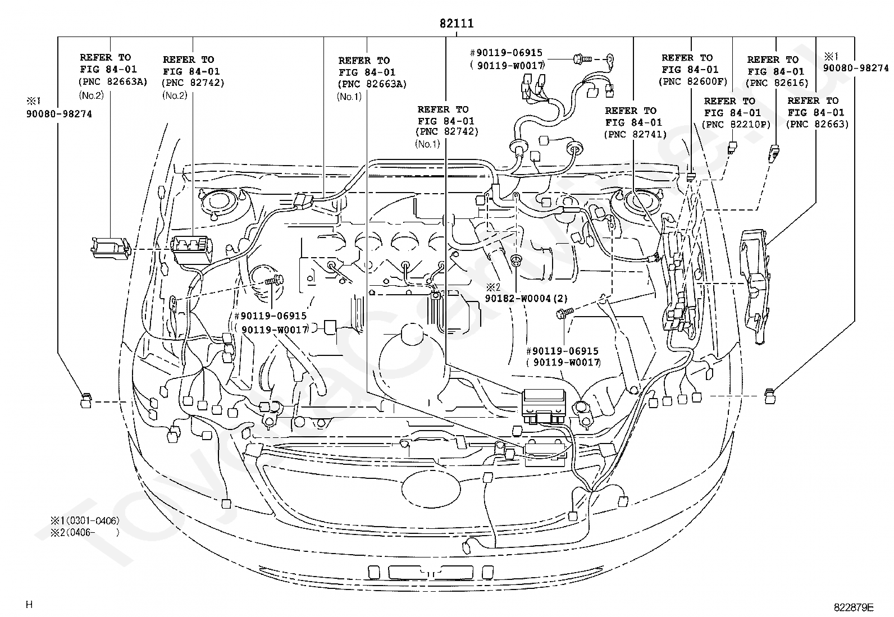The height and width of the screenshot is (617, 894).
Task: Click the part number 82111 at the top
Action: [457, 23]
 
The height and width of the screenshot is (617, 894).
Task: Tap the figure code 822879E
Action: [854, 607]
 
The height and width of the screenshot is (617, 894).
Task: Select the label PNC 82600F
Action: [694, 81]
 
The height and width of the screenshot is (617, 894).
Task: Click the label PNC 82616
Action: [777, 83]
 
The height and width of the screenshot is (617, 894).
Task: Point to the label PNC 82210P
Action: [736, 125]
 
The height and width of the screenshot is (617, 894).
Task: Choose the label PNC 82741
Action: [635, 135]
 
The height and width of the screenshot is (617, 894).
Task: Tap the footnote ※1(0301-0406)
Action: [85, 520]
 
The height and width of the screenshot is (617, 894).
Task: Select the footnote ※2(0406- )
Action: [85, 532]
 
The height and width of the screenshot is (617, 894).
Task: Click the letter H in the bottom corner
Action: [29, 605]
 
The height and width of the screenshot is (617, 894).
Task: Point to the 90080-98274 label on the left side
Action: [59, 114]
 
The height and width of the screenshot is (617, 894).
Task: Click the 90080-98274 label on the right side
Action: [856, 68]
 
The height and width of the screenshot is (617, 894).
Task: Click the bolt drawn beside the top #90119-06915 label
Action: [583, 60]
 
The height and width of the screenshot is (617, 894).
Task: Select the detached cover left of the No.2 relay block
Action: [111, 248]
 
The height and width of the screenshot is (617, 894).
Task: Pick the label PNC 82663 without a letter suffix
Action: [818, 124]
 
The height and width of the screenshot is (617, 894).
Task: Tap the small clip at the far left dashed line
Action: [86, 400]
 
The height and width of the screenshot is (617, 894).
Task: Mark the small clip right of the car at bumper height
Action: [770, 396]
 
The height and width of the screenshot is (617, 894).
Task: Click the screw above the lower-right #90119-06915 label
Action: [564, 313]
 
